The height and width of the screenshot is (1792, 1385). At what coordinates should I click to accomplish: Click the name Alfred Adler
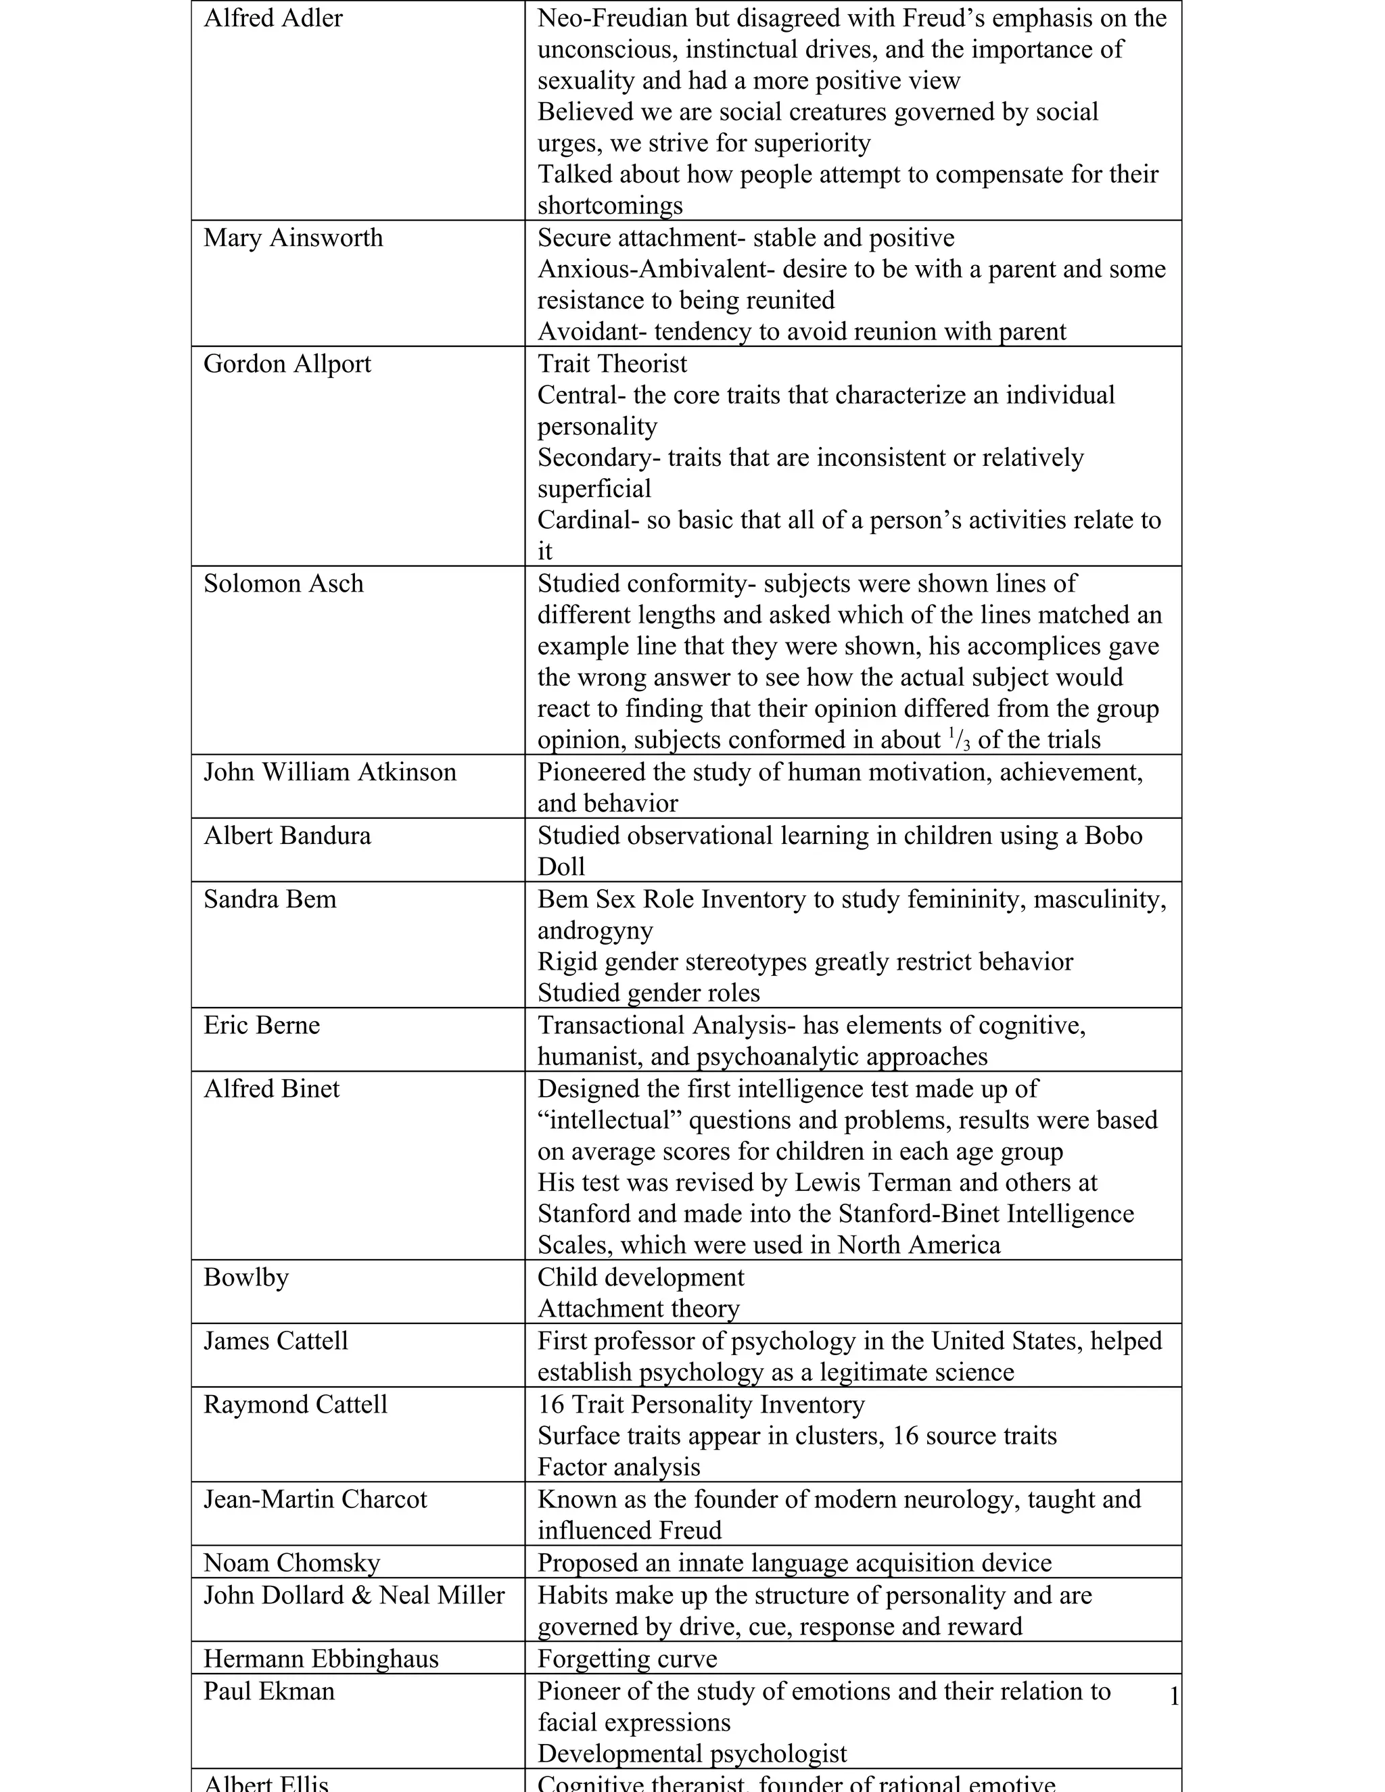tap(273, 18)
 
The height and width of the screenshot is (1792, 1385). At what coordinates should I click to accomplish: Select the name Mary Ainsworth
tap(293, 238)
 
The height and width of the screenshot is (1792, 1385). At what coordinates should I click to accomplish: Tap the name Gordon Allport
tap(287, 364)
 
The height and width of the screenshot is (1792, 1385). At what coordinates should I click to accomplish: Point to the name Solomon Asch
tap(283, 584)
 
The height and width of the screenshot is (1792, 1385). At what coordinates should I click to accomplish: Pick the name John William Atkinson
tap(330, 772)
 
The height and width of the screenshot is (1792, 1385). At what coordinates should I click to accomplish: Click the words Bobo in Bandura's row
tap(1112, 835)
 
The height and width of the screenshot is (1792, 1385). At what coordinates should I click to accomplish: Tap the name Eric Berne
tap(261, 1026)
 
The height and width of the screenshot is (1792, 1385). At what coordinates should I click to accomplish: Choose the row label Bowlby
tap(246, 1277)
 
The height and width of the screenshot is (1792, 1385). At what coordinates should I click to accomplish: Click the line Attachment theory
tap(638, 1308)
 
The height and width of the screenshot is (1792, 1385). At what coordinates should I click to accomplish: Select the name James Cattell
tap(276, 1341)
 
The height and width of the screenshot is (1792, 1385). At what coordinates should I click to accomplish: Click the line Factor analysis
tap(619, 1467)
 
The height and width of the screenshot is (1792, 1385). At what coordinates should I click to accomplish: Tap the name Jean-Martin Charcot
tap(315, 1499)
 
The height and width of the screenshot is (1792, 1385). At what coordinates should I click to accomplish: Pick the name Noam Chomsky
tap(291, 1563)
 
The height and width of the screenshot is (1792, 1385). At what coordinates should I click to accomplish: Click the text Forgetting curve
tap(627, 1659)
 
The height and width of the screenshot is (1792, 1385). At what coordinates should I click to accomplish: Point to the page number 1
tap(1174, 1696)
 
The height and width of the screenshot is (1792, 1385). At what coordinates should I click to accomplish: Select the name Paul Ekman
tap(269, 1691)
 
